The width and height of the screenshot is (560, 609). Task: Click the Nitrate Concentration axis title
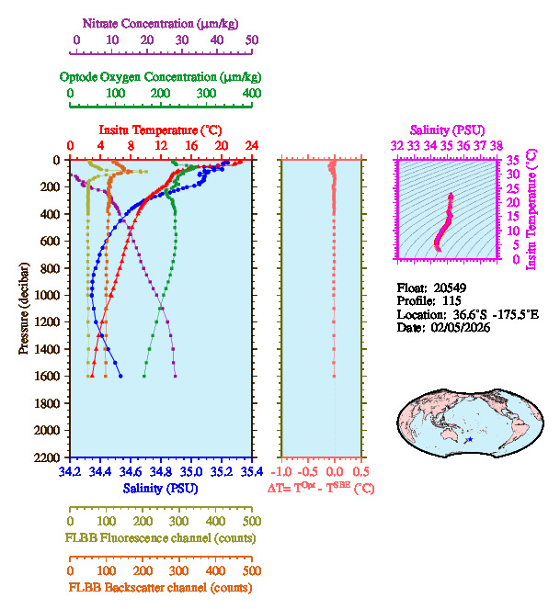click(163, 21)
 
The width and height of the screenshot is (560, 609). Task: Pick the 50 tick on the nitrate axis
click(252, 41)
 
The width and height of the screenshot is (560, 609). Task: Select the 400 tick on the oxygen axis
click(251, 95)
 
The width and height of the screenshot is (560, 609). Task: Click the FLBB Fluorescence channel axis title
click(160, 537)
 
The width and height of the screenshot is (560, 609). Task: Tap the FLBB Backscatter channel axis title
click(160, 587)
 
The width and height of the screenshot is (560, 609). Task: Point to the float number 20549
click(451, 287)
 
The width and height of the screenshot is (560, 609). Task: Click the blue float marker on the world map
click(471, 441)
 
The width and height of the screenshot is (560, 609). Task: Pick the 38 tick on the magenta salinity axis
click(497, 145)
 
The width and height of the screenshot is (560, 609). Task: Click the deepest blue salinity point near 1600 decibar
click(120, 376)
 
